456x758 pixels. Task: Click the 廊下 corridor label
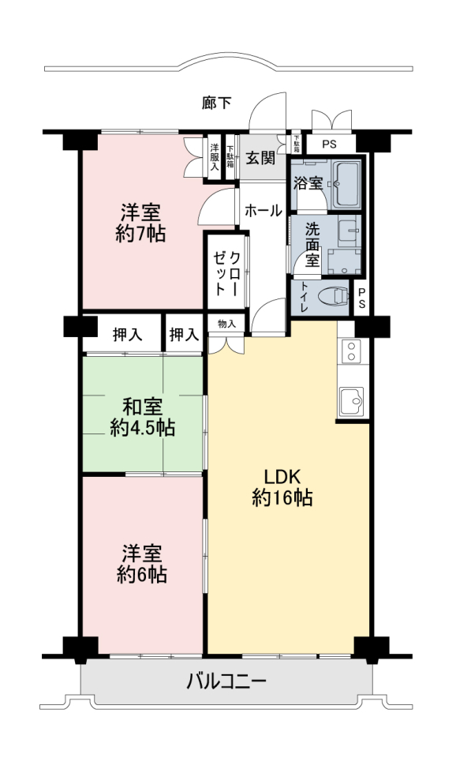pos(216,103)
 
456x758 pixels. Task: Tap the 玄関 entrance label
pos(261,158)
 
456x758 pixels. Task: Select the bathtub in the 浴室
pos(347,184)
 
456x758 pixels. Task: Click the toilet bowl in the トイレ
pos(335,295)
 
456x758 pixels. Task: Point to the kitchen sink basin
pos(351,401)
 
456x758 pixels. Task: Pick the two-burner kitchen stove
pos(351,351)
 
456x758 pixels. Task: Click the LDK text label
pos(282,477)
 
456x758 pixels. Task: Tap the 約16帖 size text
pos(282,497)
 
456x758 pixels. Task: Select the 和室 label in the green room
pos(142,407)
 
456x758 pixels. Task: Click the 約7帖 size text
pos(140,234)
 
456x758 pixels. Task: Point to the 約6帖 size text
pos(142,575)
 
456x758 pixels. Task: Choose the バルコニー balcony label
pos(227,681)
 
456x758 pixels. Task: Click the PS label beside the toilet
pos(361,300)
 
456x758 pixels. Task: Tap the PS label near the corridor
pos(330,144)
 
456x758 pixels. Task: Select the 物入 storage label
pos(226,324)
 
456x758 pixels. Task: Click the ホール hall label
pos(264,211)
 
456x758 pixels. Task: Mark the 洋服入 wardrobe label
pos(215,156)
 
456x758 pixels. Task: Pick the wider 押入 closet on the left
pos(128,334)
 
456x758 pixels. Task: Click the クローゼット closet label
pos(227,273)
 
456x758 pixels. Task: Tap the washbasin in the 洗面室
pos(347,231)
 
